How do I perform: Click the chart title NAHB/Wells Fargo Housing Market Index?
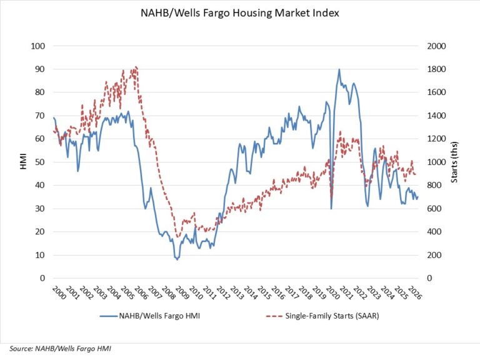pyautogui.click(x=240, y=13)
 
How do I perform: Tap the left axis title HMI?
pyautogui.click(x=23, y=162)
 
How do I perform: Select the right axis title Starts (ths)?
pyautogui.click(x=454, y=162)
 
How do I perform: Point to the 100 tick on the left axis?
pyautogui.click(x=38, y=46)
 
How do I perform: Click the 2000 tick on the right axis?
pyautogui.click(x=436, y=46)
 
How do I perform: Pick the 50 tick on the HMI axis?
pyautogui.click(x=40, y=162)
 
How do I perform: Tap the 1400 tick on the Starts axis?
pyautogui.click(x=436, y=116)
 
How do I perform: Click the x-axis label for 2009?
pyautogui.click(x=182, y=293)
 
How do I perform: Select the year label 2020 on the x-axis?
pyautogui.click(x=332, y=293)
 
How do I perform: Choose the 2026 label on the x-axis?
pyautogui.click(x=415, y=293)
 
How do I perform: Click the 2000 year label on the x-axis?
pyautogui.click(x=59, y=293)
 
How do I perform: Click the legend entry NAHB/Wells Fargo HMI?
pyautogui.click(x=150, y=316)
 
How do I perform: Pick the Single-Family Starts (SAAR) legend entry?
pyautogui.click(x=322, y=316)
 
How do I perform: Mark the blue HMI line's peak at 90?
pyautogui.click(x=339, y=69)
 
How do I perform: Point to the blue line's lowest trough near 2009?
pyautogui.click(x=177, y=259)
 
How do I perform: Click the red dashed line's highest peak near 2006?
pyautogui.click(x=136, y=66)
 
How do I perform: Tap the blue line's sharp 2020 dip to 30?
pyautogui.click(x=331, y=209)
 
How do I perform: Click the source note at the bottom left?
pyautogui.click(x=60, y=348)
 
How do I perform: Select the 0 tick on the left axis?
pyautogui.click(x=42, y=278)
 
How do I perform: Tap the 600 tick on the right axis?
pyautogui.click(x=434, y=209)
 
